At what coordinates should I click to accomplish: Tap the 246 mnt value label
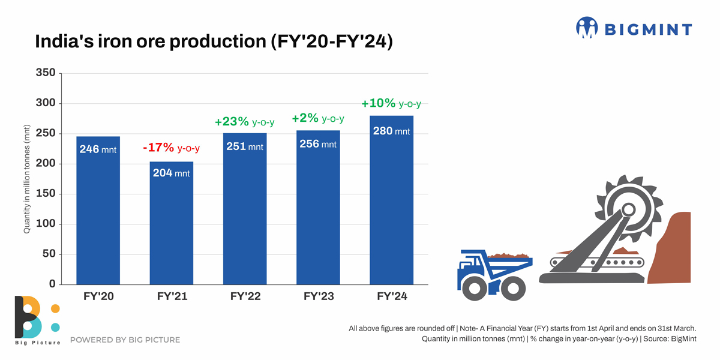(98, 149)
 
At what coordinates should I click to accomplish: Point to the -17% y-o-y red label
(171, 148)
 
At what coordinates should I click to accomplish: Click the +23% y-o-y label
(244, 122)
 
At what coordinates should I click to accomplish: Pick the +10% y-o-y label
(391, 104)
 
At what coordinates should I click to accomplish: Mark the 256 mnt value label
(317, 144)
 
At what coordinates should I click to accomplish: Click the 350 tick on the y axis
(46, 73)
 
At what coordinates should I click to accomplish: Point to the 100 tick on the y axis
(46, 224)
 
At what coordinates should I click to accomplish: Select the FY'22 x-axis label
(245, 296)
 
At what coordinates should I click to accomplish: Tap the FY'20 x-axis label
(98, 296)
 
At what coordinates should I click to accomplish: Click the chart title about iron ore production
(214, 42)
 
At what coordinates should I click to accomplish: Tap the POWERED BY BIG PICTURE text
(125, 340)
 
